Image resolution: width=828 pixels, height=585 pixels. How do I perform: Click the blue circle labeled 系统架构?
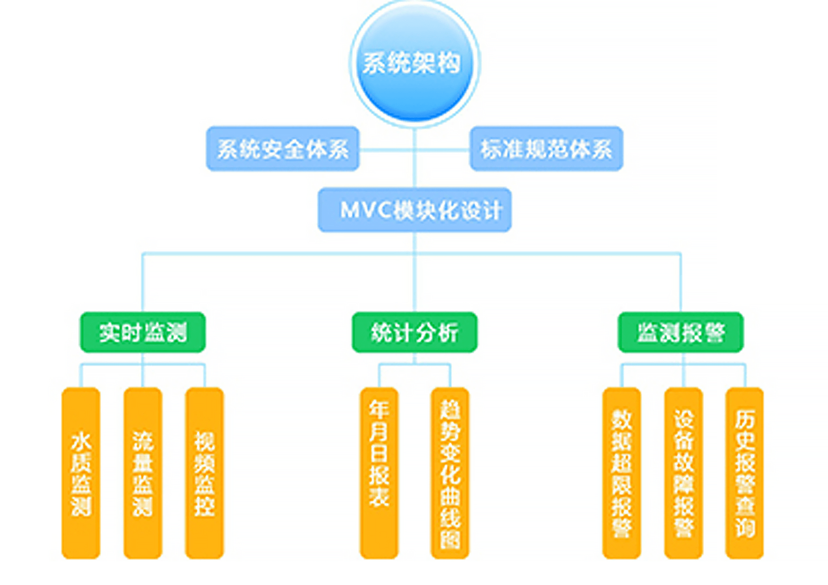414,63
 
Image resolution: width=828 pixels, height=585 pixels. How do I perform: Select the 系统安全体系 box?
283,149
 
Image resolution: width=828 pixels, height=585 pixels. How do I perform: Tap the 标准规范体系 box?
546,149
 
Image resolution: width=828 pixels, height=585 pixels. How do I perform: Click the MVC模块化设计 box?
414,210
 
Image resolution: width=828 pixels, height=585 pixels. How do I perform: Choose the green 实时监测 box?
143,332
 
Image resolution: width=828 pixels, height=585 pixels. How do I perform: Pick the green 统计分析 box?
414,332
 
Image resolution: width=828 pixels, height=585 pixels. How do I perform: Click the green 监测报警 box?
680,332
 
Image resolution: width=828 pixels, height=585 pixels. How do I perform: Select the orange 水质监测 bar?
81,472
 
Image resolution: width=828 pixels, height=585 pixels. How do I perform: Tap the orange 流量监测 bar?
143,472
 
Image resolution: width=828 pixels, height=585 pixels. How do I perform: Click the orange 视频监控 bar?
204,472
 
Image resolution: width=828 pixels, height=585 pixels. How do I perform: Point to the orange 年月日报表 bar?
379,472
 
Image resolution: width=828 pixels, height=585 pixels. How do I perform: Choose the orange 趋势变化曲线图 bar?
450,472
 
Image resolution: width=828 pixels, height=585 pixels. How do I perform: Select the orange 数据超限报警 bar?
621,472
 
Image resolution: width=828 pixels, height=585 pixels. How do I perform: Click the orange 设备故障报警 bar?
683,472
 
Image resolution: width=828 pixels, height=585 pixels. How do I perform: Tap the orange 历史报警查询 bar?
744,472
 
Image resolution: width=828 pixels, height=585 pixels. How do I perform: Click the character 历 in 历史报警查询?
744,419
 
